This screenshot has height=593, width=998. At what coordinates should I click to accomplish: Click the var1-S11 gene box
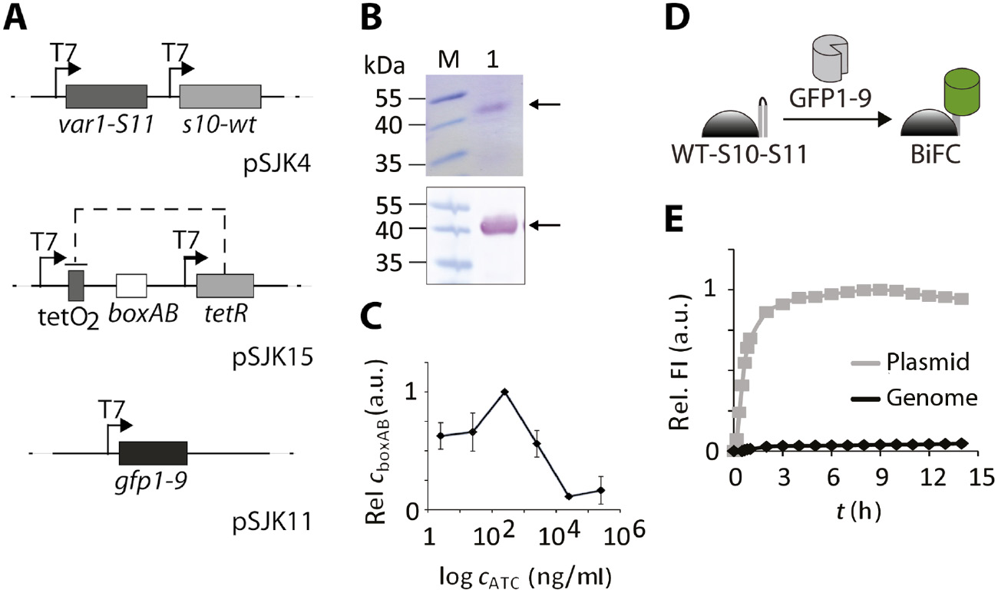tap(107, 97)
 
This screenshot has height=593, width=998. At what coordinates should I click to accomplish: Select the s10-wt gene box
tap(220, 97)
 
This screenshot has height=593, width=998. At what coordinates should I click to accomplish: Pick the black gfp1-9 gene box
tap(153, 453)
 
